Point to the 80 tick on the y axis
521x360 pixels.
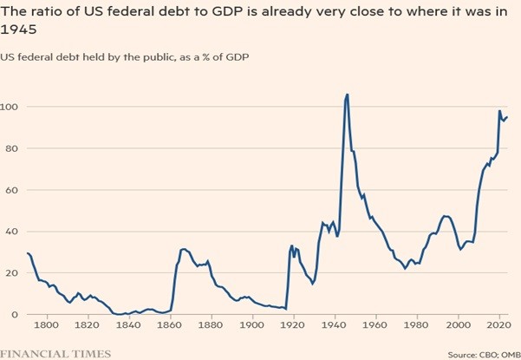(x=10, y=148)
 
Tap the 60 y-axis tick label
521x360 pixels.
(x=10, y=189)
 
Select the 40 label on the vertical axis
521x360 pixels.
(x=10, y=231)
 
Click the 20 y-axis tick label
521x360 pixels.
(x=10, y=272)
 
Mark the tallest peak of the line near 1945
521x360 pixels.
(x=347, y=95)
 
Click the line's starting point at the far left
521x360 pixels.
(x=27, y=253)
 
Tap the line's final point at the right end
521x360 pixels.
(x=507, y=117)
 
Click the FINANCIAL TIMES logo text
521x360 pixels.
(x=55, y=353)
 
